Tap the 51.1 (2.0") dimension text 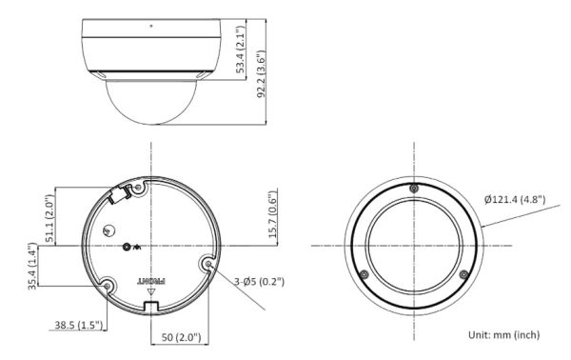pyautogui.click(x=49, y=217)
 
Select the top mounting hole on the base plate pyautogui.click(x=139, y=189)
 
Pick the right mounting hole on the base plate pyautogui.click(x=206, y=262)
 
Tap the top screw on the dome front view pyautogui.click(x=413, y=188)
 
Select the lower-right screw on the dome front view pyautogui.click(x=463, y=274)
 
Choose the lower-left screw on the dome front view pyautogui.click(x=364, y=274)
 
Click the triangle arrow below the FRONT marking pyautogui.click(x=150, y=292)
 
